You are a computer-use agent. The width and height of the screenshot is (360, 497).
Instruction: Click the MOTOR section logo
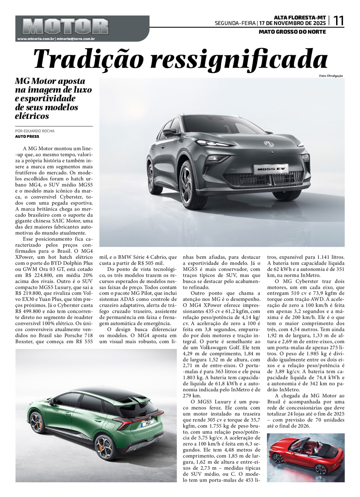coord(66,27)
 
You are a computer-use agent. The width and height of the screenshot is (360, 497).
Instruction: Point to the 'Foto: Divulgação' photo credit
coord(331,76)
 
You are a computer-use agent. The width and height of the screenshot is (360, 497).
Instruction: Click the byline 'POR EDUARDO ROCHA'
coord(35,131)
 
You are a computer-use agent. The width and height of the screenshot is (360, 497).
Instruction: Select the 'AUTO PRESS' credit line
coord(27,137)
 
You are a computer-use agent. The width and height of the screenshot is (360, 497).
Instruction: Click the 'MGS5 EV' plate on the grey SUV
coord(267,169)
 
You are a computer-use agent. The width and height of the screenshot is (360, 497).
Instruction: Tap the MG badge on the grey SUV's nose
coord(269,143)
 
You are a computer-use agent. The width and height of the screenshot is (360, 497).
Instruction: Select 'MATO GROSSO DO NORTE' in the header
coord(292,32)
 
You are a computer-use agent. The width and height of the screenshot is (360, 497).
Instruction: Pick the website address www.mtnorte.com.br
coord(36,39)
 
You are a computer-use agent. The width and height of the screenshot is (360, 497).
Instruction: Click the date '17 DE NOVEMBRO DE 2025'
coord(293,23)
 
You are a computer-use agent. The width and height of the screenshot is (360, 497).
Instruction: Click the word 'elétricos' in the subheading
coord(32,116)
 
